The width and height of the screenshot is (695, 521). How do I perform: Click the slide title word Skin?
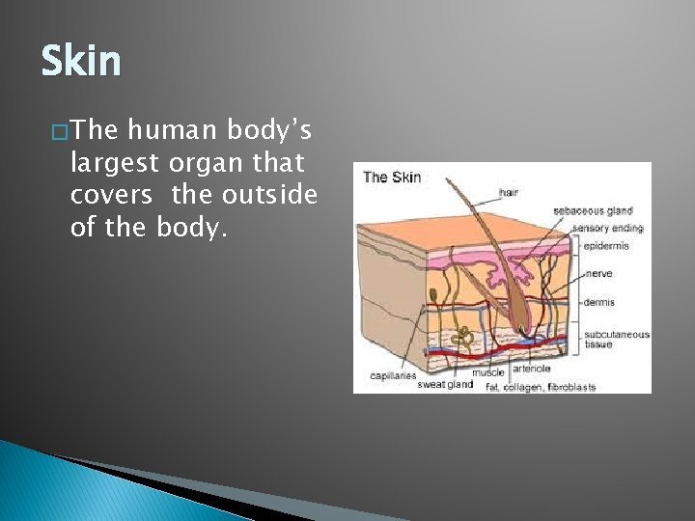81,62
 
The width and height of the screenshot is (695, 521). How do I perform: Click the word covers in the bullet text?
111,195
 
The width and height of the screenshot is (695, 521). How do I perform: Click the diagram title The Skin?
392,178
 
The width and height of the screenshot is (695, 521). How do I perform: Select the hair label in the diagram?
508,193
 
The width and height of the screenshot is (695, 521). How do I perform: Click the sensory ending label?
607,229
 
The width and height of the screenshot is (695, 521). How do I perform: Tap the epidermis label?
605,245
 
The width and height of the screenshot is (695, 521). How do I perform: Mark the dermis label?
598,302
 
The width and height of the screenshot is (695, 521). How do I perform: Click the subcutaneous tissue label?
616,339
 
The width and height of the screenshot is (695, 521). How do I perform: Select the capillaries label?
393,375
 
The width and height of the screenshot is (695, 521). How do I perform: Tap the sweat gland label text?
445,384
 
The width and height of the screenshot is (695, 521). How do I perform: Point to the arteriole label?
532,369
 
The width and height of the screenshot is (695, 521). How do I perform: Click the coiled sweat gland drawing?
465,337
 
